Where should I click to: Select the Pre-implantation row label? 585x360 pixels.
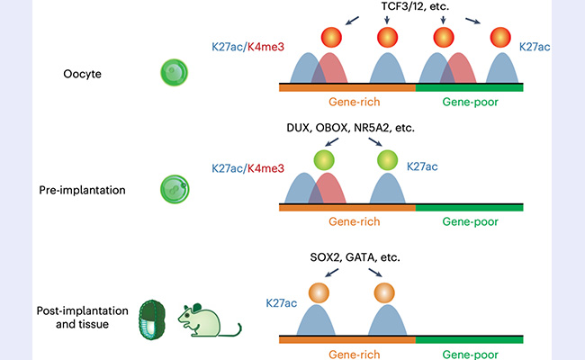(x=82, y=191)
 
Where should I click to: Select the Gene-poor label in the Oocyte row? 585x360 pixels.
(x=469, y=103)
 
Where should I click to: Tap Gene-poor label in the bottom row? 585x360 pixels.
(x=469, y=353)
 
